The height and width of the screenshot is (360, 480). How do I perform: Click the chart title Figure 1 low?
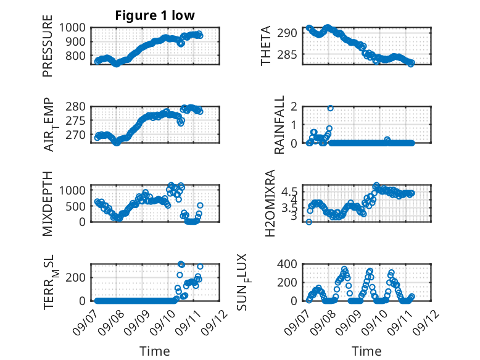[x=155, y=15]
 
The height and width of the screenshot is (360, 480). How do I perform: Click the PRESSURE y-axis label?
[x=48, y=46]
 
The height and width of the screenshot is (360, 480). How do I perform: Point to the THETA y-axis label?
[x=266, y=46]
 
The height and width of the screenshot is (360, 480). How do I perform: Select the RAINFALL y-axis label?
[x=279, y=125]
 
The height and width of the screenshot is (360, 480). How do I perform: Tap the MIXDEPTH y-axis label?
[x=48, y=204]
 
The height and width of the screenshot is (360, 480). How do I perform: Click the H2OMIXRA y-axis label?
[x=270, y=203]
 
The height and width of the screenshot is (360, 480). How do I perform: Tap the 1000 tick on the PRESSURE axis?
[x=72, y=28]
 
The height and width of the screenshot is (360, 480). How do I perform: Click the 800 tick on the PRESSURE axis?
[x=76, y=56]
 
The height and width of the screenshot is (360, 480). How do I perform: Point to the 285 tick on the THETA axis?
[x=288, y=54]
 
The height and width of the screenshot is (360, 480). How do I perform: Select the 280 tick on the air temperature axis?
[x=76, y=107]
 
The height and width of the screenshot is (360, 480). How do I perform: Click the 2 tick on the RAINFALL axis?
[x=294, y=107]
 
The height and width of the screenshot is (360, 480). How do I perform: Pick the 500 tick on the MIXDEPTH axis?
[x=76, y=206]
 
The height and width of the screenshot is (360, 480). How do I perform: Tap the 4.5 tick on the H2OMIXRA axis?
[x=289, y=192]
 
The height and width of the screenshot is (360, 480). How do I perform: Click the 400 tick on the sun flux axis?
[x=287, y=264]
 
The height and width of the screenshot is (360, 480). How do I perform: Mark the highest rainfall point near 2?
[x=330, y=108]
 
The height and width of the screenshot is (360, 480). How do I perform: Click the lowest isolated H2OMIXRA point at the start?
[x=309, y=222]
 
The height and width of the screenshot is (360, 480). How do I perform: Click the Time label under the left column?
[x=155, y=351]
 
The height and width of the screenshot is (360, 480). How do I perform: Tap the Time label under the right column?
[x=366, y=351]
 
